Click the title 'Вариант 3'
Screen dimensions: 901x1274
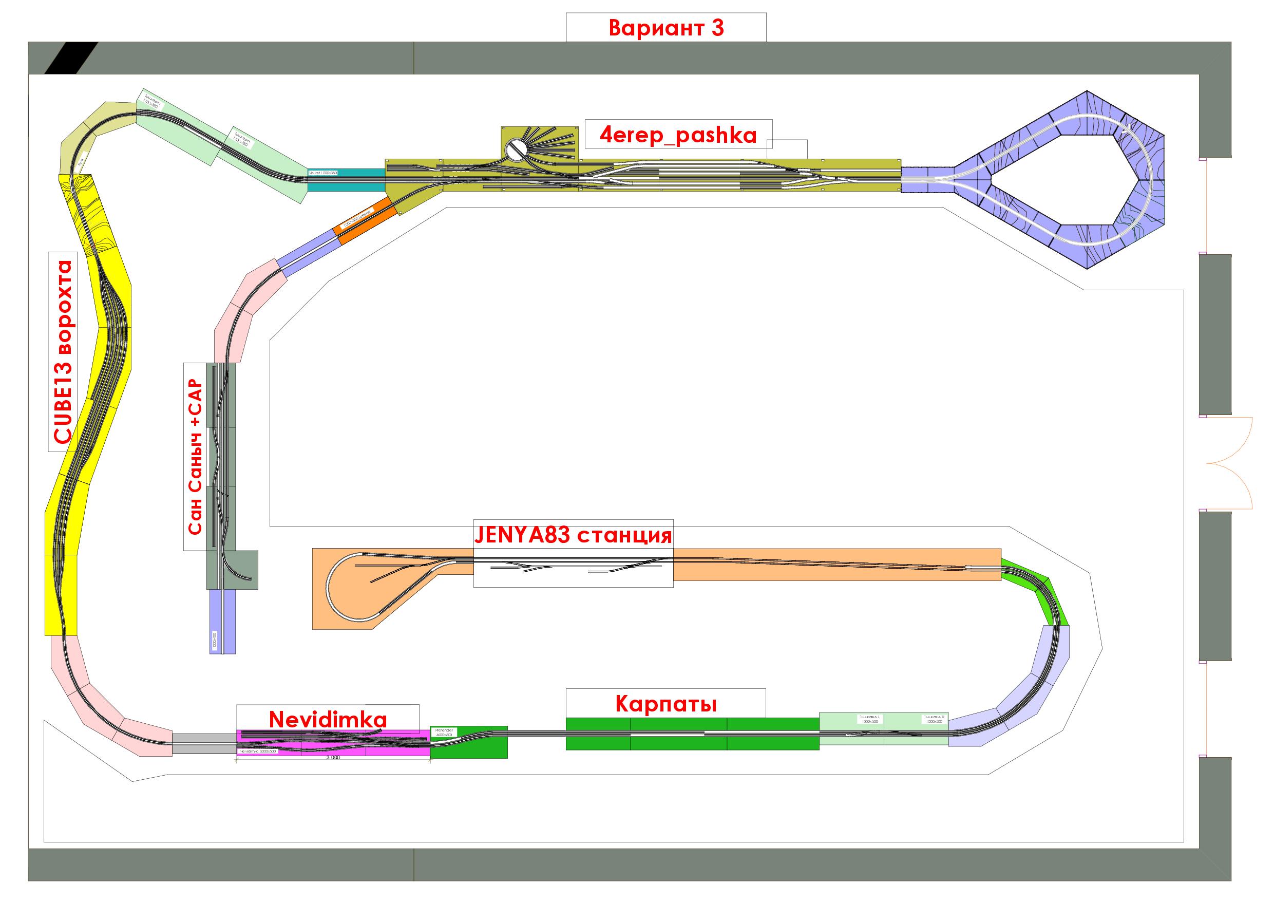[x=666, y=28]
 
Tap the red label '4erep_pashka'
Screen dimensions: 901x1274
[x=678, y=135]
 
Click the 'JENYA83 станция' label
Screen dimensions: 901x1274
[x=573, y=536]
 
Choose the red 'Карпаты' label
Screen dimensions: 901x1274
[x=666, y=704]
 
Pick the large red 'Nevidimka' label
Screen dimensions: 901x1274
[x=328, y=720]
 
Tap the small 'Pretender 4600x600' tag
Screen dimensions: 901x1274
[x=444, y=732]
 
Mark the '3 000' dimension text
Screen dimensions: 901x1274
[x=332, y=758]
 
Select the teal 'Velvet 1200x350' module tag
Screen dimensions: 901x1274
[x=322, y=173]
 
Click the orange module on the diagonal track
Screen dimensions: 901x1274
[x=366, y=220]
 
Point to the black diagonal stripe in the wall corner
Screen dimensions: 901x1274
[x=72, y=58]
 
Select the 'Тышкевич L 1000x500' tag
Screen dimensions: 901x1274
[x=869, y=720]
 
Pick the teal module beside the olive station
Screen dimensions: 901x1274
[x=346, y=180]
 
